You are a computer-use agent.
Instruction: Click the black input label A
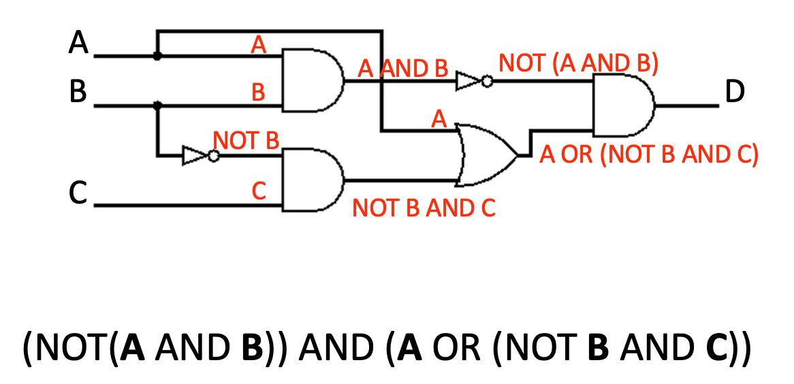79,44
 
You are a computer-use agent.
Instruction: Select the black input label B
78,91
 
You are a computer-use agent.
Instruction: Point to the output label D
735,91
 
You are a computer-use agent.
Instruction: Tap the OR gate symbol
486,155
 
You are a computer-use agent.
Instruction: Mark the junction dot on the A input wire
157,57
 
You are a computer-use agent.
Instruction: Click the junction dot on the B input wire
157,106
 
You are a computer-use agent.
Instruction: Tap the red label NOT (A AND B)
578,63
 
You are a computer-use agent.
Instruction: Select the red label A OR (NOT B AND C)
648,155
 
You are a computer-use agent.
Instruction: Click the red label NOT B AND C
423,208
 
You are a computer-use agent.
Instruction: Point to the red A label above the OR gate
439,120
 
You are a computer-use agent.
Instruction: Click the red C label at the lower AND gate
258,192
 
